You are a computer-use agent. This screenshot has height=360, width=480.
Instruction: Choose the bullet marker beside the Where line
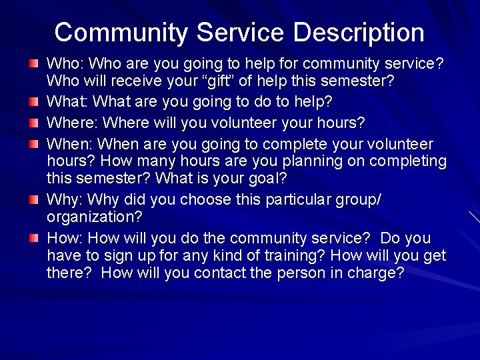(34, 124)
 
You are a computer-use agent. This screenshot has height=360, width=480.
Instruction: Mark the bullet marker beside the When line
(34, 145)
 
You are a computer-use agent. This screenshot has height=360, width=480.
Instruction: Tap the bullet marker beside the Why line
(34, 200)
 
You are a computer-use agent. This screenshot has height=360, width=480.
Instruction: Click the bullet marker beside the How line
(34, 239)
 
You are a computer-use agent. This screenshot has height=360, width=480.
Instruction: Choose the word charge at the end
(376, 273)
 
